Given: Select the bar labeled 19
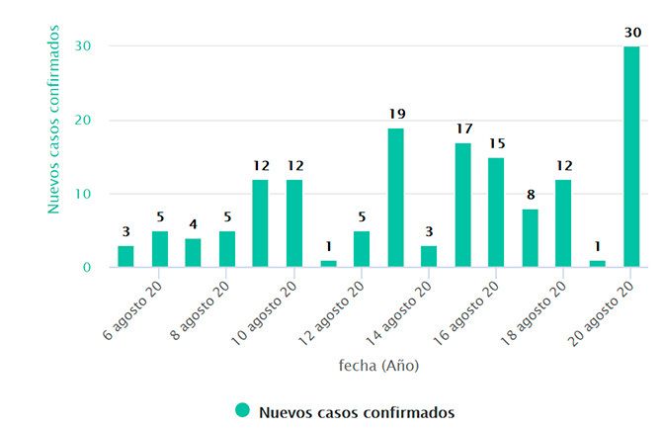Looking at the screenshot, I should (x=395, y=198).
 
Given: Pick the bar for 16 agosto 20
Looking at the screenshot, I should (x=496, y=213).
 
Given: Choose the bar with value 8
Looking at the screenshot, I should (x=530, y=238).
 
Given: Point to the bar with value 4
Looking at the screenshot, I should (x=193, y=253).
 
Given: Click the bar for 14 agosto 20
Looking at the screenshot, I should (x=429, y=257).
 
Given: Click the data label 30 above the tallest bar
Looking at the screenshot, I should (x=631, y=33).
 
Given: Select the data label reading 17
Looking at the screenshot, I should (x=462, y=129).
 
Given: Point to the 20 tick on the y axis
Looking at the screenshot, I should (x=87, y=121).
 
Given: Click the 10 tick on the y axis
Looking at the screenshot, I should (x=87, y=194).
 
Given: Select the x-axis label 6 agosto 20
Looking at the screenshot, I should (x=131, y=308).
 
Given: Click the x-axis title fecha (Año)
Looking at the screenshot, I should (x=378, y=366).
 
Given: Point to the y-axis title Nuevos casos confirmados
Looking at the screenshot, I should (x=55, y=121).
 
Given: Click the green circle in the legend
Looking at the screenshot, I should (x=242, y=410).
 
